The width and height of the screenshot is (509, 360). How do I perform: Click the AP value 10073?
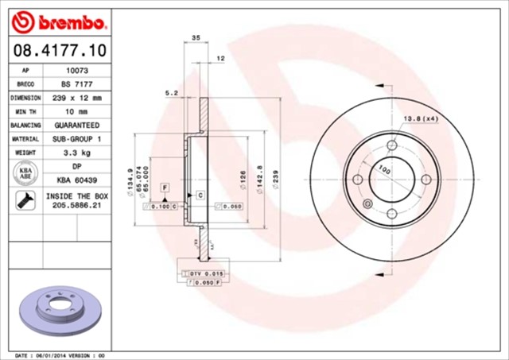click(x=76, y=70)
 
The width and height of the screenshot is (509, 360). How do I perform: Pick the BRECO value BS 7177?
click(x=76, y=83)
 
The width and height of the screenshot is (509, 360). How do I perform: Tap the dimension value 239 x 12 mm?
click(x=76, y=98)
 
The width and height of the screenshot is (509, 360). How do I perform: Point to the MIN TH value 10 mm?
click(x=76, y=111)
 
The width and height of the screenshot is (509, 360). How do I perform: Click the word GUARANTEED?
click(x=76, y=126)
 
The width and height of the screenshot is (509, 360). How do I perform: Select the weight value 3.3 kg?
click(x=76, y=153)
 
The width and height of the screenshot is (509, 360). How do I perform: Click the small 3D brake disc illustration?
click(x=56, y=307)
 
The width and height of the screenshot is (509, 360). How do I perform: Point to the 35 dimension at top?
click(x=196, y=37)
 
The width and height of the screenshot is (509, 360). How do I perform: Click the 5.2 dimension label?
click(x=171, y=93)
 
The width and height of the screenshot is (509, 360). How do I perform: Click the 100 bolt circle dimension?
click(x=384, y=169)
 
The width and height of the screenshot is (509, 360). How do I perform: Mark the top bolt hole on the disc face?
click(x=391, y=145)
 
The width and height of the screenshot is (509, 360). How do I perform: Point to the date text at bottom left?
click(x=60, y=354)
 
